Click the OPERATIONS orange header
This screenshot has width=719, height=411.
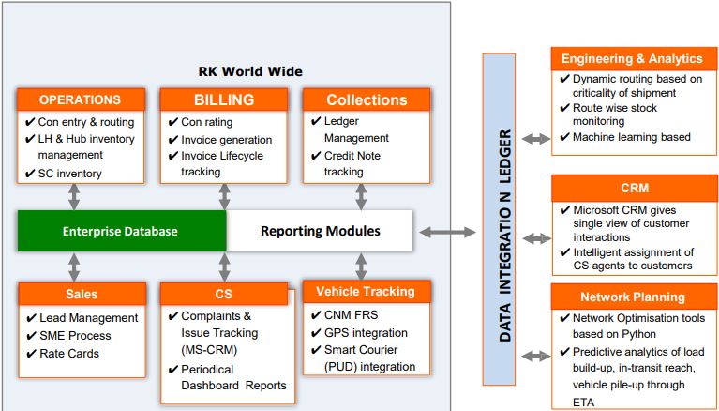click(x=81, y=99)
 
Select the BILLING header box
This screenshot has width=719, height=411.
click(x=224, y=99)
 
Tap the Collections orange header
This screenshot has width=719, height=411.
click(x=367, y=99)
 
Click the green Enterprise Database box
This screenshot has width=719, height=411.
click(x=122, y=231)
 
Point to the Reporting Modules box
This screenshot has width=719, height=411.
click(x=320, y=231)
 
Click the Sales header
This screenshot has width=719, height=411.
click(x=82, y=294)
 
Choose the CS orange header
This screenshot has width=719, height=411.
click(x=224, y=294)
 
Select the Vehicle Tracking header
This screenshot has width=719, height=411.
click(x=367, y=292)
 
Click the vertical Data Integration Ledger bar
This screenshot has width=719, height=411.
click(x=499, y=219)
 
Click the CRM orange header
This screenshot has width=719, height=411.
click(x=635, y=188)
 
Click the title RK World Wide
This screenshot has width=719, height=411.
click(x=250, y=71)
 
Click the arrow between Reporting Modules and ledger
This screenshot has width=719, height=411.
click(x=447, y=233)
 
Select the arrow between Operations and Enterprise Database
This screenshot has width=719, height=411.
click(x=74, y=197)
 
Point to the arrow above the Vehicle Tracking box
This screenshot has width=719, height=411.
click(x=361, y=266)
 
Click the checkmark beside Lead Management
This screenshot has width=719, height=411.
click(x=31, y=318)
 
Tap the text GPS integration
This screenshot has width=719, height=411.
click(x=366, y=333)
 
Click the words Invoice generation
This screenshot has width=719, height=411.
click(x=227, y=140)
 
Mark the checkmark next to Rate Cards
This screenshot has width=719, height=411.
click(x=31, y=354)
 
